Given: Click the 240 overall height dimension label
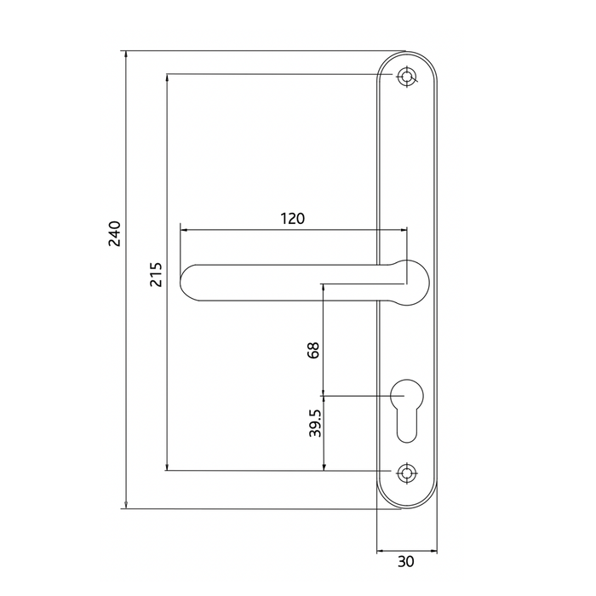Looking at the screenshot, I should [x=116, y=233].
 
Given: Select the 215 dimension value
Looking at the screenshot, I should [x=157, y=274].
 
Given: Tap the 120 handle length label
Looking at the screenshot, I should [x=292, y=219].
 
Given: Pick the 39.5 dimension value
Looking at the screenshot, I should [x=314, y=423].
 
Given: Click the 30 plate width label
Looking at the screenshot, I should [x=406, y=561].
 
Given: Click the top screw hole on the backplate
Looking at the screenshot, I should [x=407, y=77].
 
